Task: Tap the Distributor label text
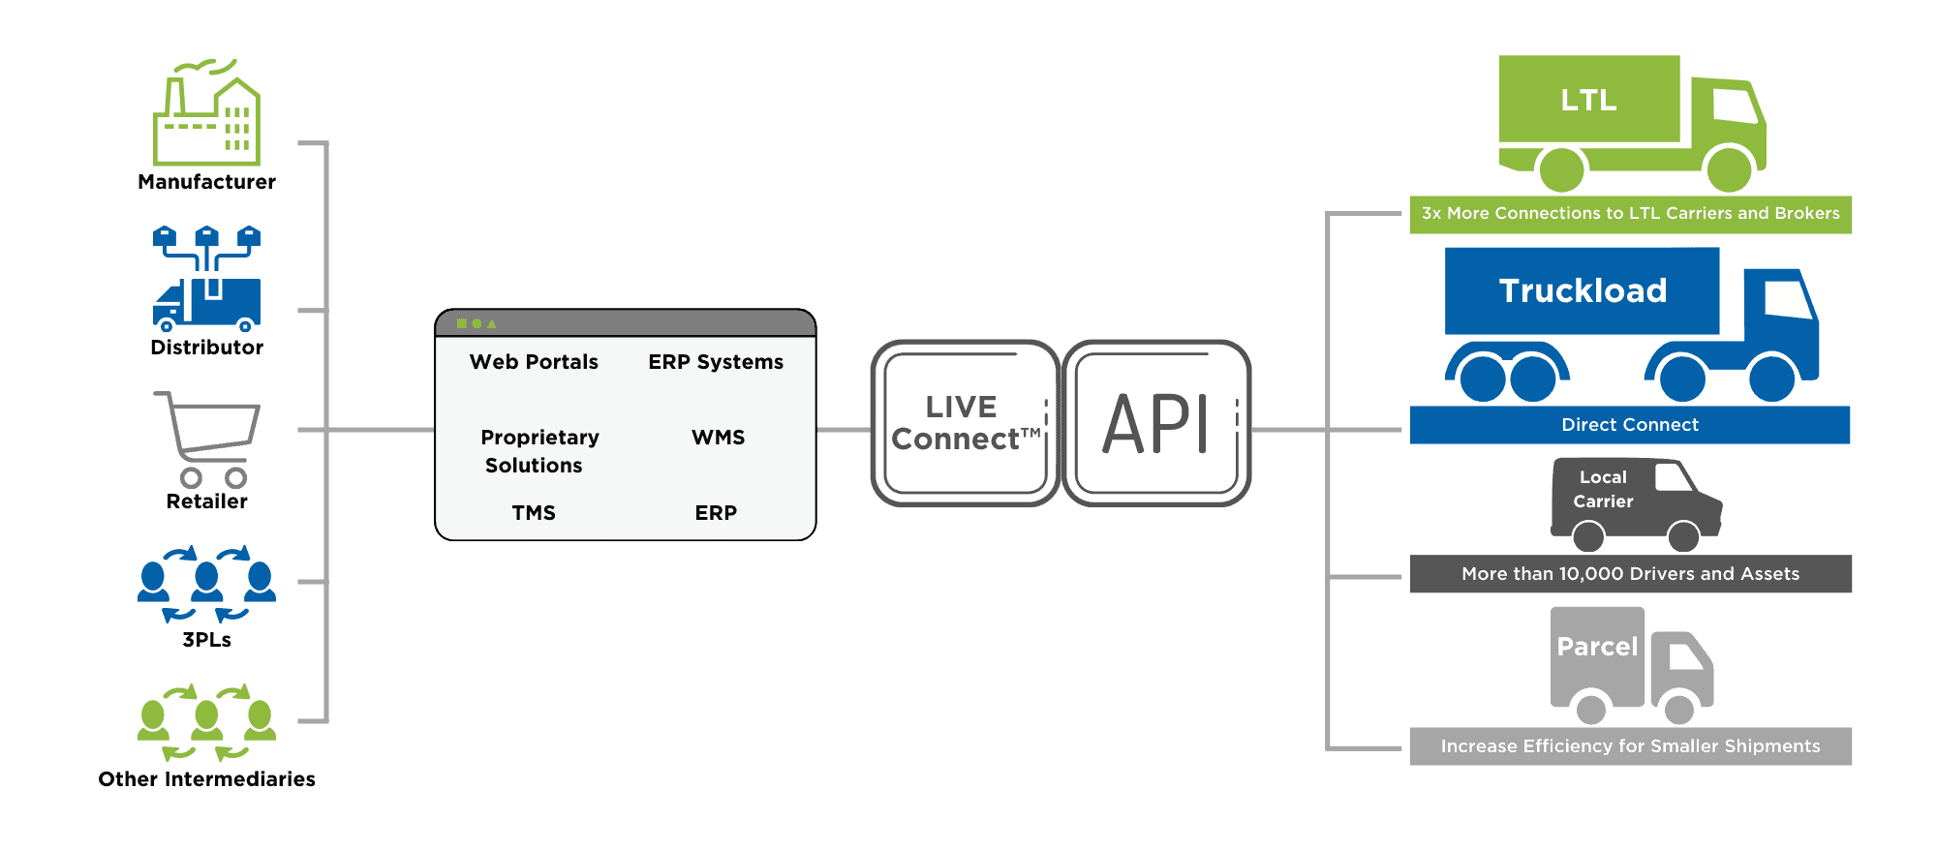pos(206,347)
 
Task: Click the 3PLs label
pos(206,640)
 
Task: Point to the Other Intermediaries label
pos(206,778)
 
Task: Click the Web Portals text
pos(534,362)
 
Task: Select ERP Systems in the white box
pos(716,362)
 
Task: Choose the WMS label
pos(718,438)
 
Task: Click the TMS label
pos(534,513)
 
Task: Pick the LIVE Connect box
pos(964,423)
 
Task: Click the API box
pos(1156,423)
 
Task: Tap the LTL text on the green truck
pos(1588,101)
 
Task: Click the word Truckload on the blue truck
pos(1583,291)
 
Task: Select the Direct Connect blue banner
pos(1630,425)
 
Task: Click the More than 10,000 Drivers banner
pos(1630,574)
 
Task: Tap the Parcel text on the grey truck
pos(1597,647)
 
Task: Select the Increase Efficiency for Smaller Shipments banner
pos(1630,746)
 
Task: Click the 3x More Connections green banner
pos(1630,214)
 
